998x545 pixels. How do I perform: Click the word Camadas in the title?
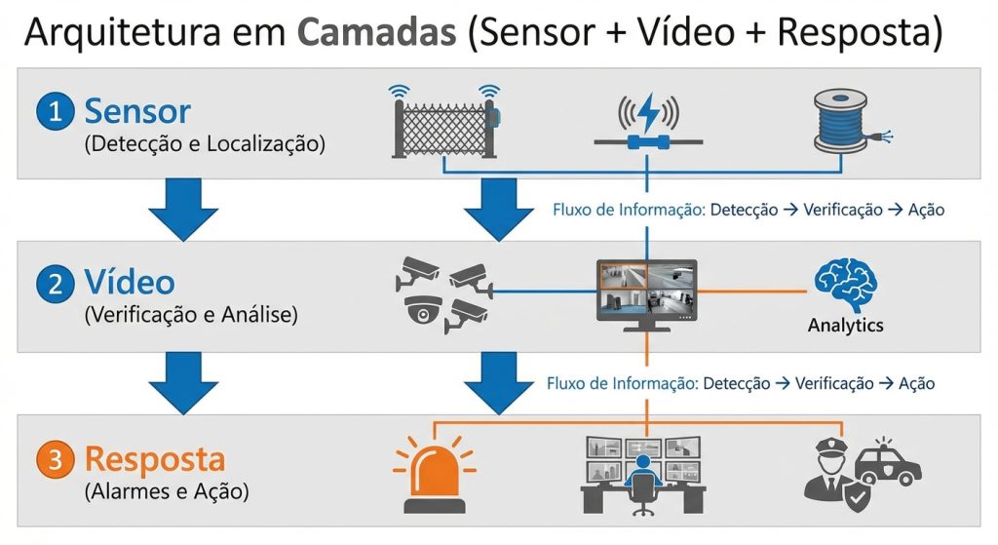pyautogui.click(x=375, y=32)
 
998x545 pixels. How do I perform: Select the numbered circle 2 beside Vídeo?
pyautogui.click(x=55, y=285)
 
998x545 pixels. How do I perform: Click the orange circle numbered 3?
pyautogui.click(x=55, y=460)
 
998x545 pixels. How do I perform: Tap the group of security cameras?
pyautogui.click(x=443, y=294)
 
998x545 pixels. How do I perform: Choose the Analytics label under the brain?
pyautogui.click(x=845, y=326)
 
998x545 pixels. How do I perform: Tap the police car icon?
pyautogui.click(x=890, y=460)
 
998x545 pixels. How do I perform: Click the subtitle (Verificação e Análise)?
pyautogui.click(x=192, y=316)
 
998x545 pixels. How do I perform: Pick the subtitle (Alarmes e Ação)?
pyautogui.click(x=167, y=491)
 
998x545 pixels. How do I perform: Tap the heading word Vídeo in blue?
pyautogui.click(x=130, y=284)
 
